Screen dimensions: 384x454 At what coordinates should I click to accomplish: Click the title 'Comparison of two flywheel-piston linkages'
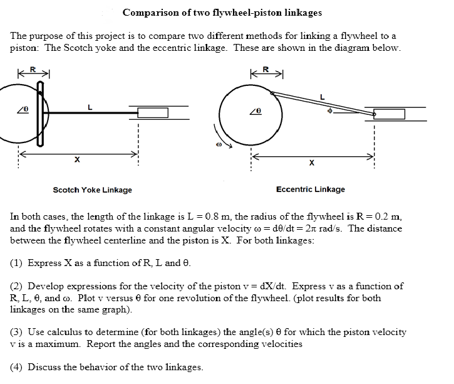(222, 13)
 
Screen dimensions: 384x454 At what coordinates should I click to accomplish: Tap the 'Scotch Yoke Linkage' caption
(92, 189)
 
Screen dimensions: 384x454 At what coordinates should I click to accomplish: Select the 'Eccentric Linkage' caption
(310, 189)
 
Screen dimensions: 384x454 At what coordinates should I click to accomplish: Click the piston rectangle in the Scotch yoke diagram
(153, 113)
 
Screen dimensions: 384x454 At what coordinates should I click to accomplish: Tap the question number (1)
(18, 263)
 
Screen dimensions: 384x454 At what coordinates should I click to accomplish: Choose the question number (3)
(18, 332)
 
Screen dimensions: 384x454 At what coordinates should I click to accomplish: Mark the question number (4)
(18, 367)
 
